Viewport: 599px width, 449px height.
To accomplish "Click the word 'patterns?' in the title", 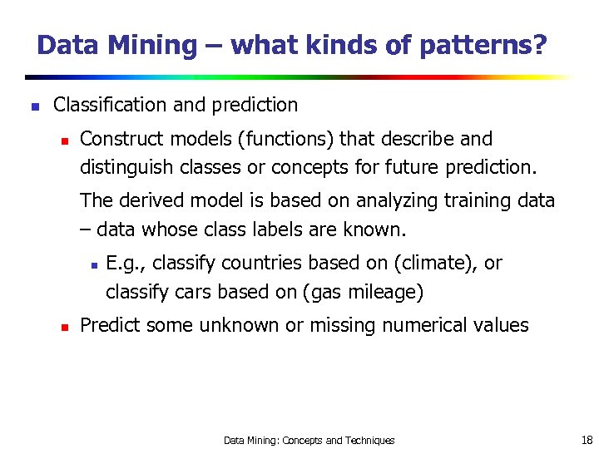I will pyautogui.click(x=483, y=45).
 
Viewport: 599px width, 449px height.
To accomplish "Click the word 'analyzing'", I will pyautogui.click(x=394, y=200).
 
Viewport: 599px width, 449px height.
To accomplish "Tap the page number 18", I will pyautogui.click(x=587, y=439).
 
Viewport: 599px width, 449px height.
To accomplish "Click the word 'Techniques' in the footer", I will pyautogui.click(x=370, y=440).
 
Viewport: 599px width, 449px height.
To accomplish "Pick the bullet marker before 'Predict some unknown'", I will pyautogui.click(x=63, y=327).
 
